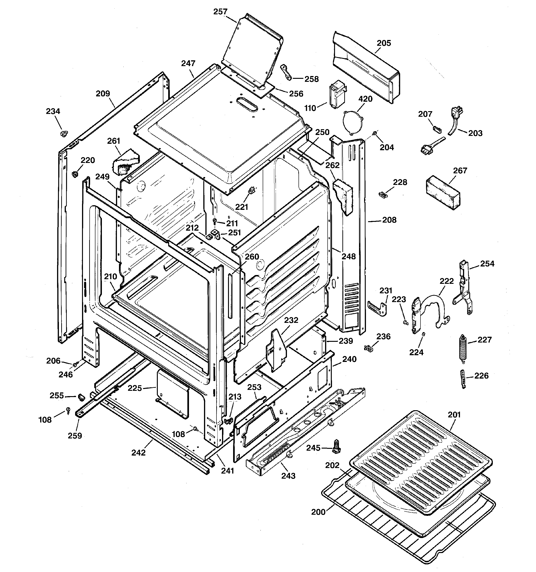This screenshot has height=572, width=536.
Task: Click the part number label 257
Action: pos(220,12)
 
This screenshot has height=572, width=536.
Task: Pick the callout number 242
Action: pos(138,453)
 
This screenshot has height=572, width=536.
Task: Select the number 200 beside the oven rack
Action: pos(318,512)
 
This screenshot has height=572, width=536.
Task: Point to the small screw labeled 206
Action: pos(75,364)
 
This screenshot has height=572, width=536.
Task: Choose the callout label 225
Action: pos(135,388)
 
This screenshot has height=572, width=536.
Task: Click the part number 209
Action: pos(103,94)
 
